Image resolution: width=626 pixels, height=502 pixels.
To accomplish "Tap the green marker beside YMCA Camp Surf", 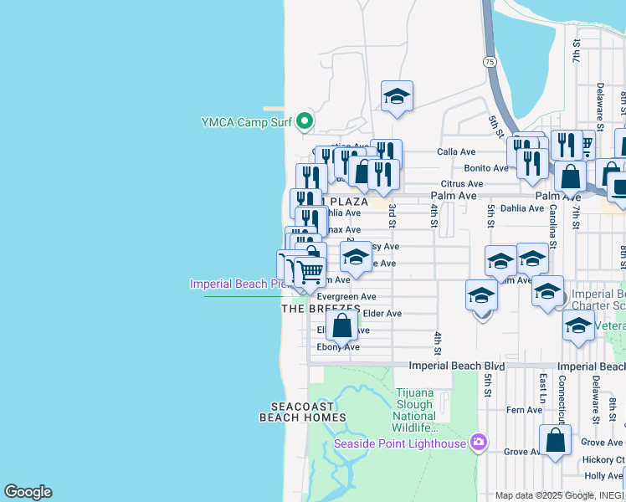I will [x=305, y=122].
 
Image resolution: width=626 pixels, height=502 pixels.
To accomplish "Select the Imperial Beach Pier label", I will [x=239, y=284].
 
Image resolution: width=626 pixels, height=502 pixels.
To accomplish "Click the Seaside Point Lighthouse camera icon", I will [x=479, y=441].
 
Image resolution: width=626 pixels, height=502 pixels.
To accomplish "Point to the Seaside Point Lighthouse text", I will [x=400, y=443].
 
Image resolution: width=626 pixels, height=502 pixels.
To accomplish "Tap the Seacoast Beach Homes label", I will [x=296, y=411].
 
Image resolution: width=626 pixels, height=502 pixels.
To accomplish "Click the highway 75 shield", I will [x=489, y=61].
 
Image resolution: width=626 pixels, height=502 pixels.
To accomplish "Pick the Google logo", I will [x=28, y=492].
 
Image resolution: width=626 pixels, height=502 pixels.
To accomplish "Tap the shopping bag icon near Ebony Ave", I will [x=341, y=325].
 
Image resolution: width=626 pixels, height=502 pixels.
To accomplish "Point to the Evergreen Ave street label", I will [x=346, y=296].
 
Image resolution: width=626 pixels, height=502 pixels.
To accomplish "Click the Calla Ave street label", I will [x=456, y=152].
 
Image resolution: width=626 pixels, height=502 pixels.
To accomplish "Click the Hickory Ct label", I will [x=605, y=459].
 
